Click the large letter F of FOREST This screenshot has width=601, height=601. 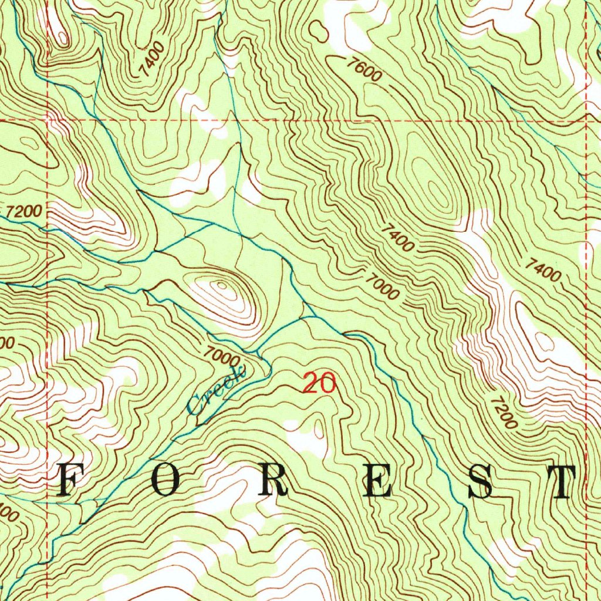coord(69,482)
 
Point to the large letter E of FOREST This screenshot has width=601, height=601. coord(376,482)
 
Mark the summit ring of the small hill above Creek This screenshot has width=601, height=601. coord(223,287)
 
